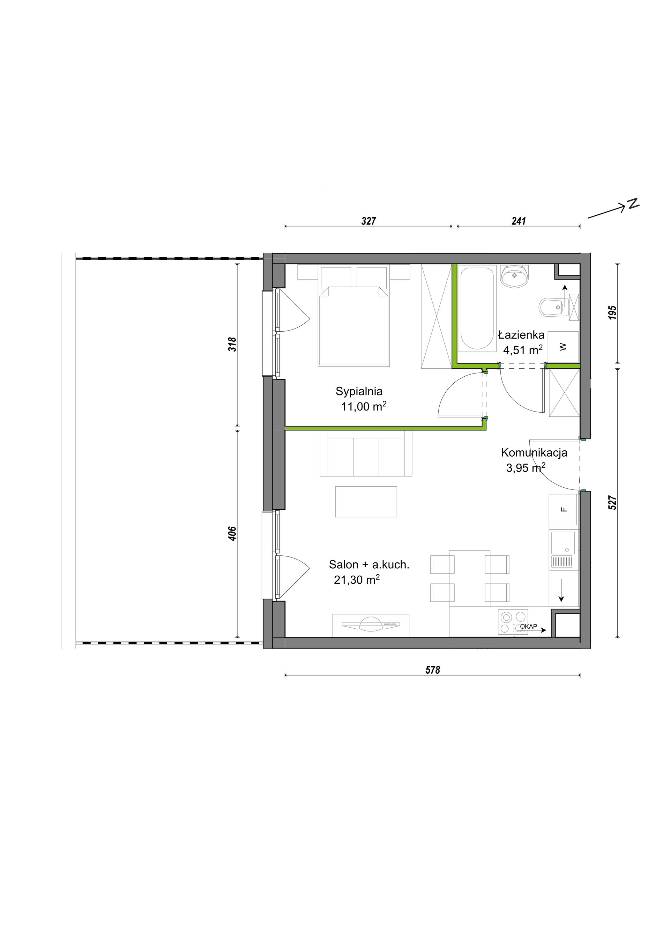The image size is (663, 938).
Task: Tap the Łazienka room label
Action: click(x=521, y=335)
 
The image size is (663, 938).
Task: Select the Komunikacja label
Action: click(x=534, y=453)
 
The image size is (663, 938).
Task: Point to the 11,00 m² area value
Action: click(x=364, y=406)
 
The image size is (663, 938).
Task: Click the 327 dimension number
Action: click(x=368, y=221)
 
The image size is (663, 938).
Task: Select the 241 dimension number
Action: click(x=519, y=221)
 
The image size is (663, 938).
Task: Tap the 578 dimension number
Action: click(x=433, y=670)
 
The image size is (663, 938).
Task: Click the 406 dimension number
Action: click(x=232, y=533)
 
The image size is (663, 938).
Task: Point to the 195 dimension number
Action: click(x=612, y=312)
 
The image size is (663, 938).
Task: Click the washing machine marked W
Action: click(x=563, y=347)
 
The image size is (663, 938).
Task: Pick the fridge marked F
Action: click(x=564, y=509)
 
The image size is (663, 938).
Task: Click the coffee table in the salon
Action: click(x=366, y=502)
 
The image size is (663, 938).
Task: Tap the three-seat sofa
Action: click(x=366, y=453)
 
